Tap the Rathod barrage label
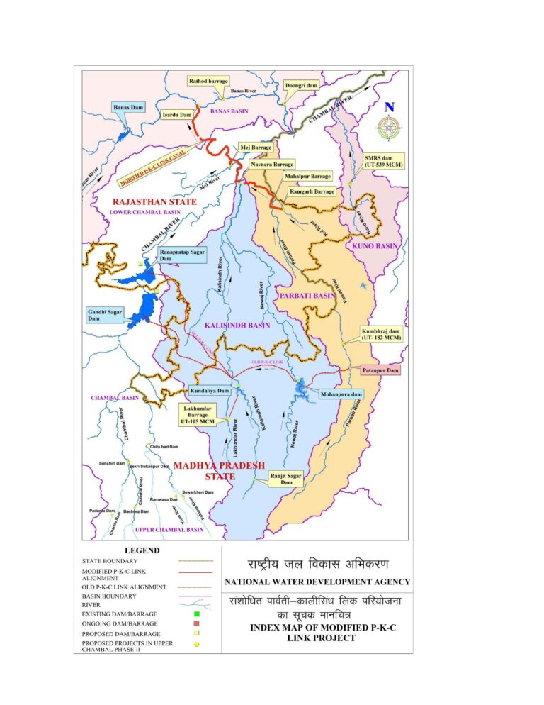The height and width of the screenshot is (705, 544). point(207,82)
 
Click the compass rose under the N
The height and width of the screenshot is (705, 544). point(387,128)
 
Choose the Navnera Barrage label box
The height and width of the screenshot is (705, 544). point(273,165)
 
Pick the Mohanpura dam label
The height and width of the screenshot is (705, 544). point(341,394)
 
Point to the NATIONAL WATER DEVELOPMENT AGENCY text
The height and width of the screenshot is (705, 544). point(317,582)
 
